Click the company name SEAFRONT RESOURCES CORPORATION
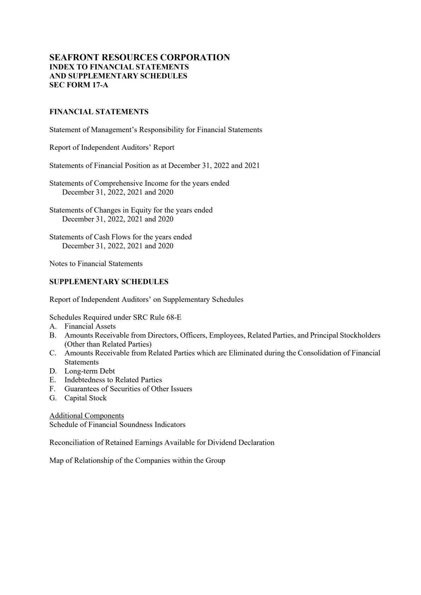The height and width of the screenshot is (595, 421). (140, 57)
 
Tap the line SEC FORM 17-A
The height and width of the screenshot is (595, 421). (78, 85)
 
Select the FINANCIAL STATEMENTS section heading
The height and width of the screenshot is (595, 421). (99, 112)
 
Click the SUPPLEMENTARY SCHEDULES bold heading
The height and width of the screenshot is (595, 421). (109, 282)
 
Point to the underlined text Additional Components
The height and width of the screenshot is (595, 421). (87, 415)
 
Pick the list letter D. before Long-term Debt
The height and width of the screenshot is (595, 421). (53, 371)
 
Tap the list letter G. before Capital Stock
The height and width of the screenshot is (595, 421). (53, 398)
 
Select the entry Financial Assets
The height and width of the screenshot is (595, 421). (90, 326)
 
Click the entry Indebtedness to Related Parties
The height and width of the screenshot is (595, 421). (113, 380)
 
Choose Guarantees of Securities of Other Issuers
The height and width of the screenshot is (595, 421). (128, 389)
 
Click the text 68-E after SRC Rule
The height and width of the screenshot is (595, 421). (174, 317)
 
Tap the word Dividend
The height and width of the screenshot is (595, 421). (222, 442)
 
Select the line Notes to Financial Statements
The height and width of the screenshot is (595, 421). (96, 263)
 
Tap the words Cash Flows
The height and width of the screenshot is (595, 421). (112, 237)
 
